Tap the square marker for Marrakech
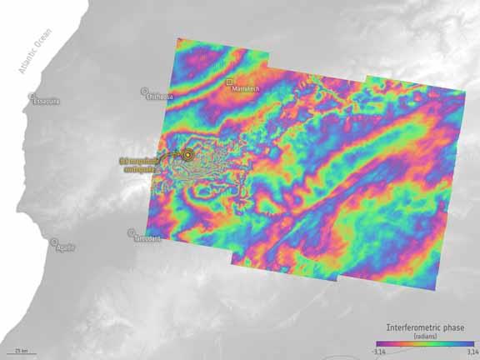(x=229, y=82)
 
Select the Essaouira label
(x=47, y=102)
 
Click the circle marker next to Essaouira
(x=32, y=96)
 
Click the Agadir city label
(x=65, y=248)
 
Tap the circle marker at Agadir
(x=54, y=242)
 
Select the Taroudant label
(x=147, y=239)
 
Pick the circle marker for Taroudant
(x=131, y=232)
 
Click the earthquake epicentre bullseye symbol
(x=188, y=154)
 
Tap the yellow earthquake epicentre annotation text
(x=137, y=163)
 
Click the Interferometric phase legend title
(x=423, y=326)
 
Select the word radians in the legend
(x=423, y=334)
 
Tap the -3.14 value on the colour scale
(x=379, y=351)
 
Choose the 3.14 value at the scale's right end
(x=468, y=351)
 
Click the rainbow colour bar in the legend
(x=423, y=342)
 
